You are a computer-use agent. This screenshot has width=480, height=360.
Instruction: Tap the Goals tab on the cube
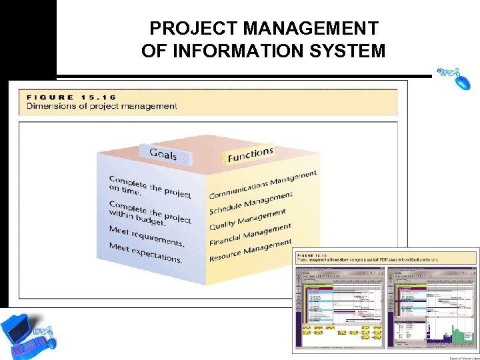click(163, 155)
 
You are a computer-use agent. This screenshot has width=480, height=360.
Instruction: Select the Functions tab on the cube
click(250, 155)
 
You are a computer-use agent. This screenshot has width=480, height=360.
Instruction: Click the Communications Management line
click(263, 185)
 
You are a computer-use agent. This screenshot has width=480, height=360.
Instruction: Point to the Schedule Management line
click(251, 203)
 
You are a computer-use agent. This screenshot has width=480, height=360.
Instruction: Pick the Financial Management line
click(250, 235)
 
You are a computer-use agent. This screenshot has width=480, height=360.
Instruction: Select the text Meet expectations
click(145, 253)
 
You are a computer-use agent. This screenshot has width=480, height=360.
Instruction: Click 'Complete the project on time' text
click(149, 187)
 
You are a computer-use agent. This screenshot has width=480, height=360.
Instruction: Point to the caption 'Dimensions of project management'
click(101, 106)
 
